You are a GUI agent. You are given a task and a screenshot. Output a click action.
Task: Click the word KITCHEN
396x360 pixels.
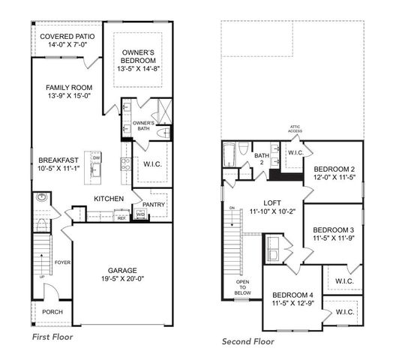click(x=108, y=199)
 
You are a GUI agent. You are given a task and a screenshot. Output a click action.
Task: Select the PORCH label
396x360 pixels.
click(x=52, y=312)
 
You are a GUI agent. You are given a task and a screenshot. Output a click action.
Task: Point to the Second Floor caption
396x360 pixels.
click(x=248, y=342)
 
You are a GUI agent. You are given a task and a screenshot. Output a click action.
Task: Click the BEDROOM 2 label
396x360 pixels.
click(x=334, y=169)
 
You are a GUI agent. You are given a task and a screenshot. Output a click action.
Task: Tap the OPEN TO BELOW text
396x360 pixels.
click(x=242, y=287)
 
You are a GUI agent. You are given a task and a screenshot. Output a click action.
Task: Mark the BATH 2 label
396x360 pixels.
click(x=260, y=157)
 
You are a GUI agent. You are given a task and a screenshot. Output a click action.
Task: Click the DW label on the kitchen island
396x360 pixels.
click(x=96, y=158)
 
